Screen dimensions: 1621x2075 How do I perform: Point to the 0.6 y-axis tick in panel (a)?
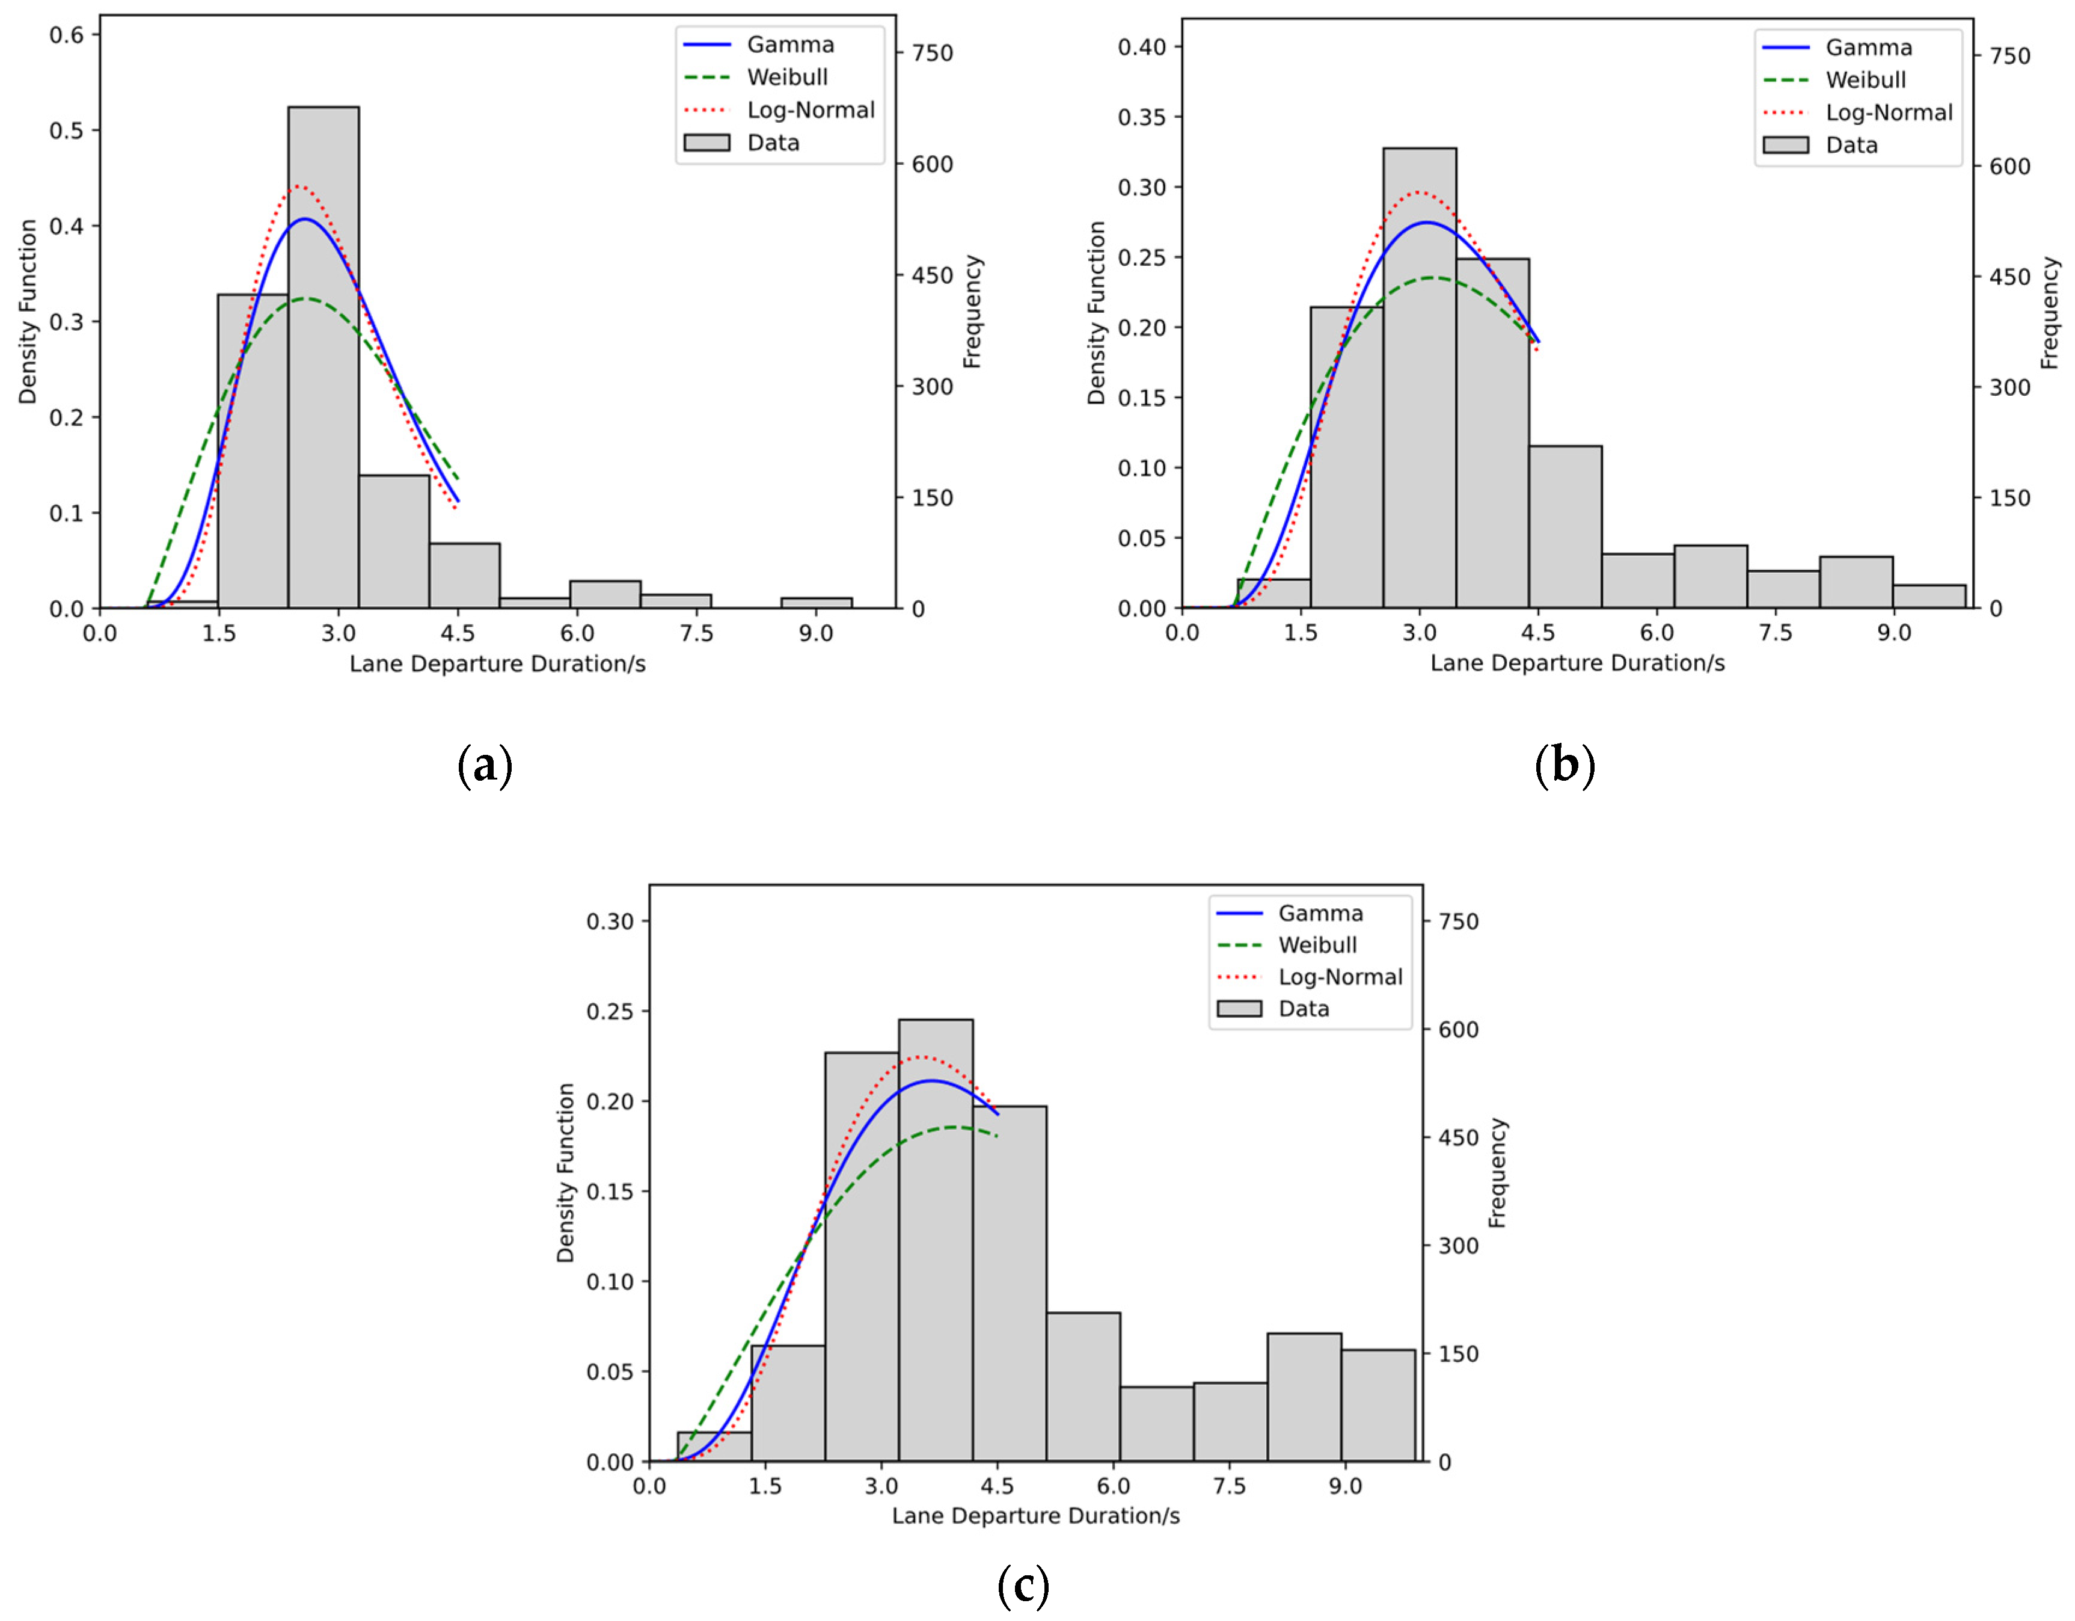pos(67,35)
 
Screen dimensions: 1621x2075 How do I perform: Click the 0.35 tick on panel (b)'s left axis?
pos(1141,117)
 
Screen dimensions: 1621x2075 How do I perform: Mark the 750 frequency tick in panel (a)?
pos(932,53)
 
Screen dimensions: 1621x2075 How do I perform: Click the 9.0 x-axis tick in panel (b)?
pos(1893,633)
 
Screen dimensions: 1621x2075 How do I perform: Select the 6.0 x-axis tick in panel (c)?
pos(1114,1486)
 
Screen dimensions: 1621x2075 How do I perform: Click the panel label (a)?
pos(485,765)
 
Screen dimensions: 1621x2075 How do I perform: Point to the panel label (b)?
pos(1564,765)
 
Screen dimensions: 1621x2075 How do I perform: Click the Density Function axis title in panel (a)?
pos(28,312)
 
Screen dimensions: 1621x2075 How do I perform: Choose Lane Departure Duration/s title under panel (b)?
pos(1577,663)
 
